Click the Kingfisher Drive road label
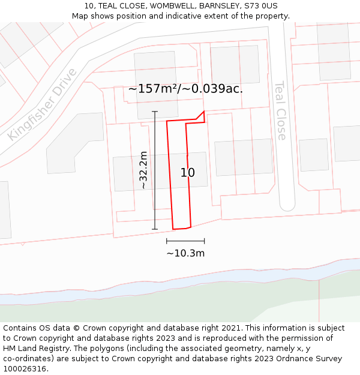(43, 104)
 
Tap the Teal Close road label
(280, 110)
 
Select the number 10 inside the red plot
(188, 173)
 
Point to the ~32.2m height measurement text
(143, 170)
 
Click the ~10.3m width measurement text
(185, 253)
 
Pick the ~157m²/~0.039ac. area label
(185, 89)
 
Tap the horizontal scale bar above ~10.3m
(185, 241)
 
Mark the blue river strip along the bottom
(180, 282)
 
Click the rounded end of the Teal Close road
(287, 205)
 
